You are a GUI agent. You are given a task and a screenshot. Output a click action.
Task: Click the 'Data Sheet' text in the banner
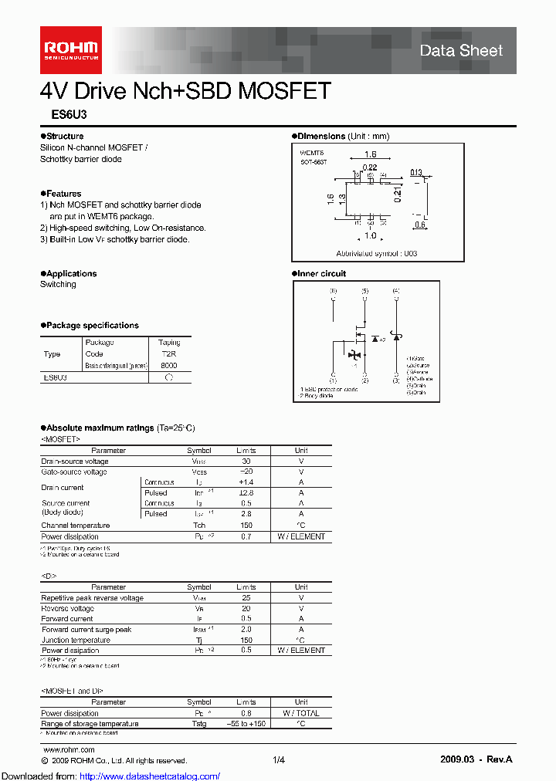(461, 51)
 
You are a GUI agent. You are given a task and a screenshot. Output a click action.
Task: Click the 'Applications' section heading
(71, 274)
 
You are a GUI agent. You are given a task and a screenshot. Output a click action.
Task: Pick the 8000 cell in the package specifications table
(169, 365)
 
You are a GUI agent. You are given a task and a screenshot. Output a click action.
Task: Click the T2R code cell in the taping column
(169, 353)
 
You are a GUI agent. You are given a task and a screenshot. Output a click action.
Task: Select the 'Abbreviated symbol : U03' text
(377, 253)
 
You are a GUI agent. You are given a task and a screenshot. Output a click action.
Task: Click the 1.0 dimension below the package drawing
(371, 235)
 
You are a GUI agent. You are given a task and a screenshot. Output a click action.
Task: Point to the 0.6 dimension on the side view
(420, 225)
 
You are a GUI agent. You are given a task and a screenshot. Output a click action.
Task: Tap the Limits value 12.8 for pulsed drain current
(246, 492)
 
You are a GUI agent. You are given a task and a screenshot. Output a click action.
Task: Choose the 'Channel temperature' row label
(76, 526)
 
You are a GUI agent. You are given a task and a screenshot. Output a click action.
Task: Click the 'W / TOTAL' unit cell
(301, 713)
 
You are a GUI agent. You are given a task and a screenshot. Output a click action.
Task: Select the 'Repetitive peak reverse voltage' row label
(92, 598)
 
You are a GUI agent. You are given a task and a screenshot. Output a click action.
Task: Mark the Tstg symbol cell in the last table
(199, 724)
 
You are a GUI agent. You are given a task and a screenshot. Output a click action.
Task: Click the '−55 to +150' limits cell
(246, 724)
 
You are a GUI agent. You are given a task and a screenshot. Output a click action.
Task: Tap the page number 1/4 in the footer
(279, 760)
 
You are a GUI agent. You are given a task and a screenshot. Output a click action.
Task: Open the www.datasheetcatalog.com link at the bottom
(110, 776)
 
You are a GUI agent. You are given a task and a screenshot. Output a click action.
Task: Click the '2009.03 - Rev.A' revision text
(476, 760)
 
